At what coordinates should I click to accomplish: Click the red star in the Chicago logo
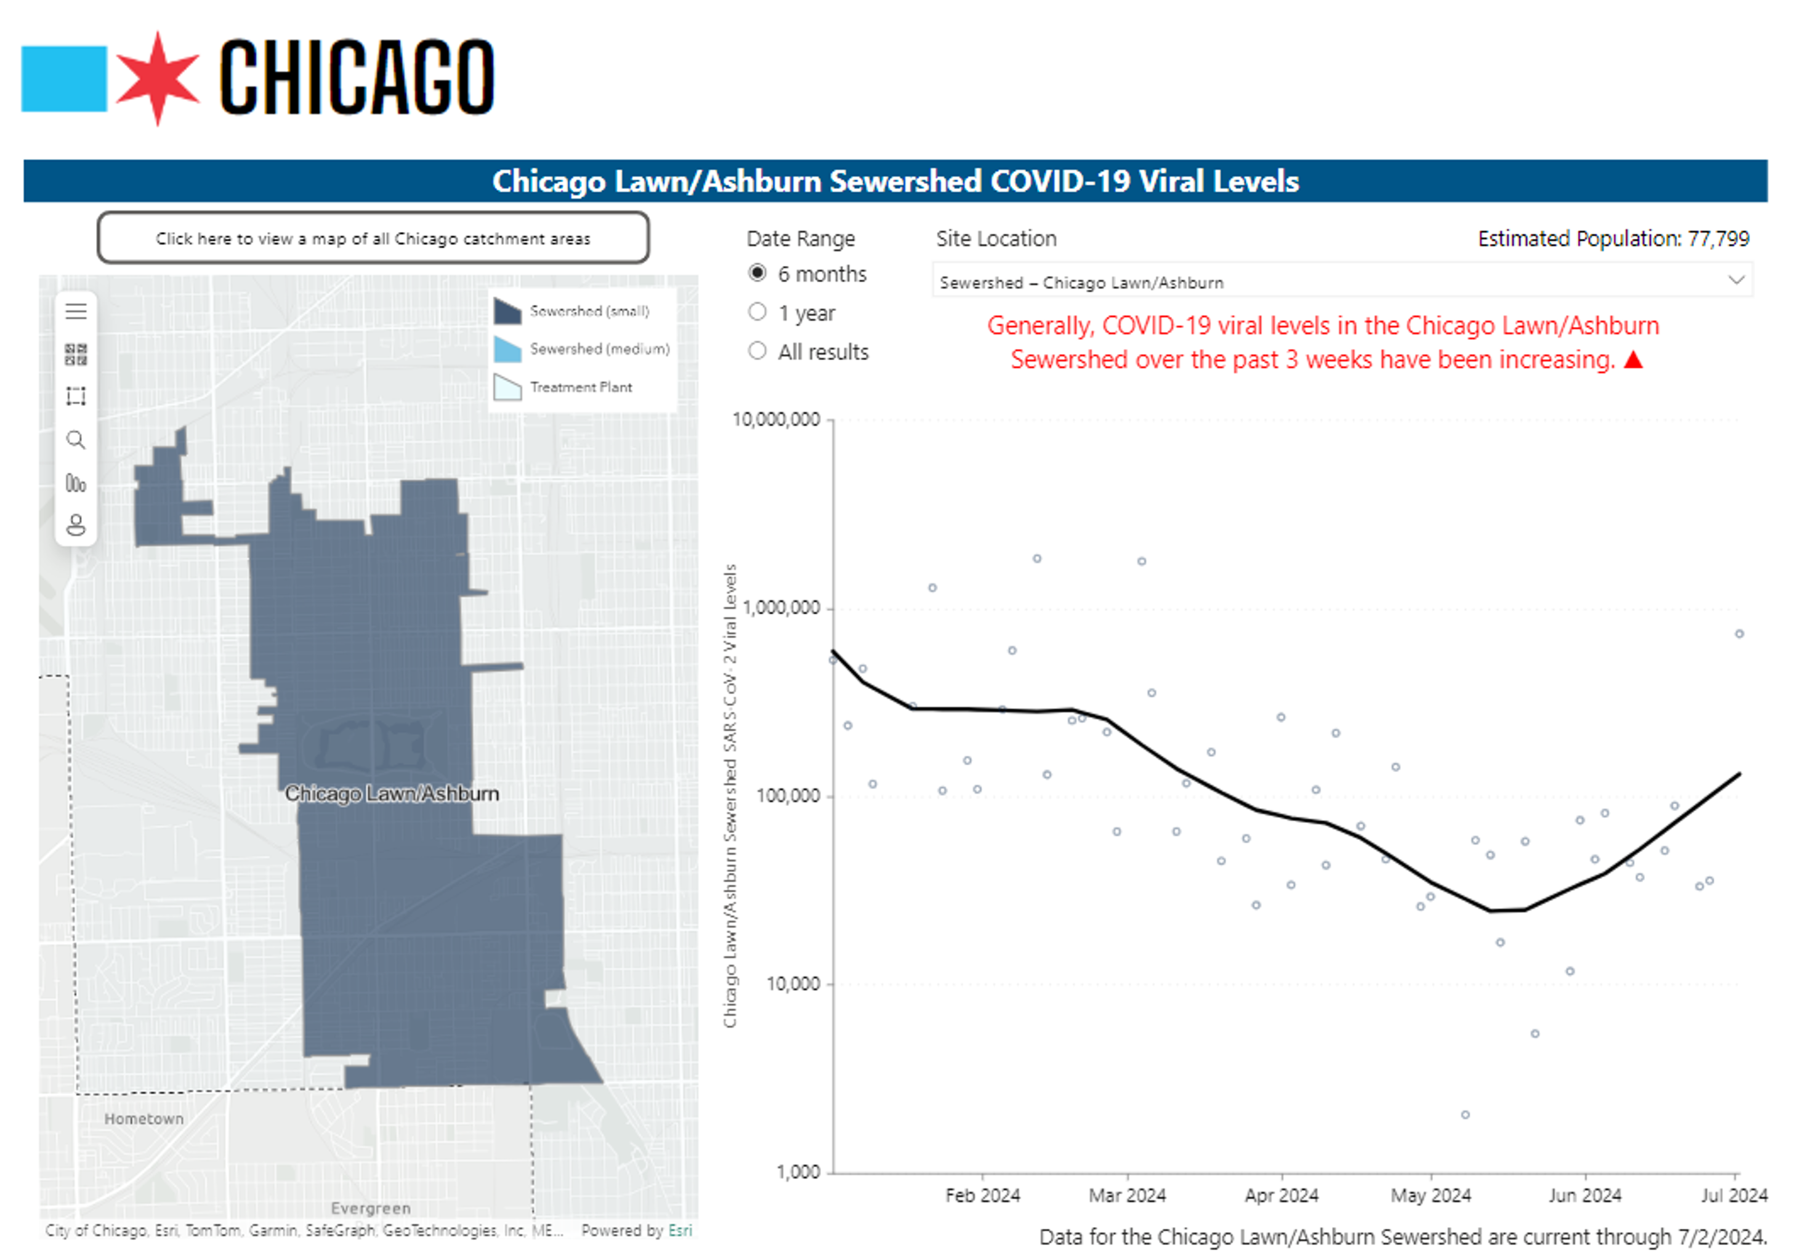pyautogui.click(x=157, y=78)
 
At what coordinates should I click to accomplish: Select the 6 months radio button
pyautogui.click(x=757, y=273)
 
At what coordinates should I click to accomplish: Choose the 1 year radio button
pyautogui.click(x=757, y=312)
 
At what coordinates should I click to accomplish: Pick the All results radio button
pyautogui.click(x=757, y=350)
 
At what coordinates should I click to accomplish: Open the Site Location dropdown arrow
pyautogui.click(x=1735, y=280)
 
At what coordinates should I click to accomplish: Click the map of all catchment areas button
pyautogui.click(x=373, y=238)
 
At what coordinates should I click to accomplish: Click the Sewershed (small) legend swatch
pyautogui.click(x=507, y=311)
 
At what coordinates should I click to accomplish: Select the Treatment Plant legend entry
pyautogui.click(x=580, y=387)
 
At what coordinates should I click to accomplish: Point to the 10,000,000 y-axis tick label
pyautogui.click(x=775, y=419)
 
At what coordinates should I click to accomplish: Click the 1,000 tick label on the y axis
pyautogui.click(x=798, y=1172)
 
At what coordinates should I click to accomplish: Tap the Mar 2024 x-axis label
pyautogui.click(x=1126, y=1195)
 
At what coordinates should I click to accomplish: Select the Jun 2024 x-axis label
pyautogui.click(x=1584, y=1195)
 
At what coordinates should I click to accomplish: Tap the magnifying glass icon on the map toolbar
pyautogui.click(x=76, y=440)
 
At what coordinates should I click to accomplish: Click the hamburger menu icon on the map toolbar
pyautogui.click(x=76, y=312)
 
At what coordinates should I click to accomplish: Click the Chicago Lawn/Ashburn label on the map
pyautogui.click(x=391, y=793)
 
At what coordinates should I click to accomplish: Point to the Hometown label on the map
pyautogui.click(x=144, y=1118)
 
